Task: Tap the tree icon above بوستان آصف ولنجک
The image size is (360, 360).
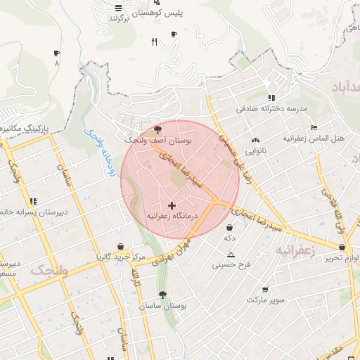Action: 157,129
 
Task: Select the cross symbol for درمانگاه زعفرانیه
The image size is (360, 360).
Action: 172,205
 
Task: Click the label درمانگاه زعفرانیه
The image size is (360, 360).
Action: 172,216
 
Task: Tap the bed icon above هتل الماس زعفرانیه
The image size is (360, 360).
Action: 314,128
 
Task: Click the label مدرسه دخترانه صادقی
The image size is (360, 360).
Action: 272,109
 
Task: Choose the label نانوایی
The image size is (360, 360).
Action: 255,151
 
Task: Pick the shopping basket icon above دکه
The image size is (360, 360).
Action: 230,227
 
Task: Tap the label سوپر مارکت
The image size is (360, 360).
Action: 266,300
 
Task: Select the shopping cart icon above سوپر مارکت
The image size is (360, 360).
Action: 264,290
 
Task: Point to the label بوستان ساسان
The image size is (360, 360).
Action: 162,307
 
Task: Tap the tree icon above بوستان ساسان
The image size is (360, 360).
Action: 162,295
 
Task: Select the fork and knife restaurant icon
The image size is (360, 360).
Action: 154,42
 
